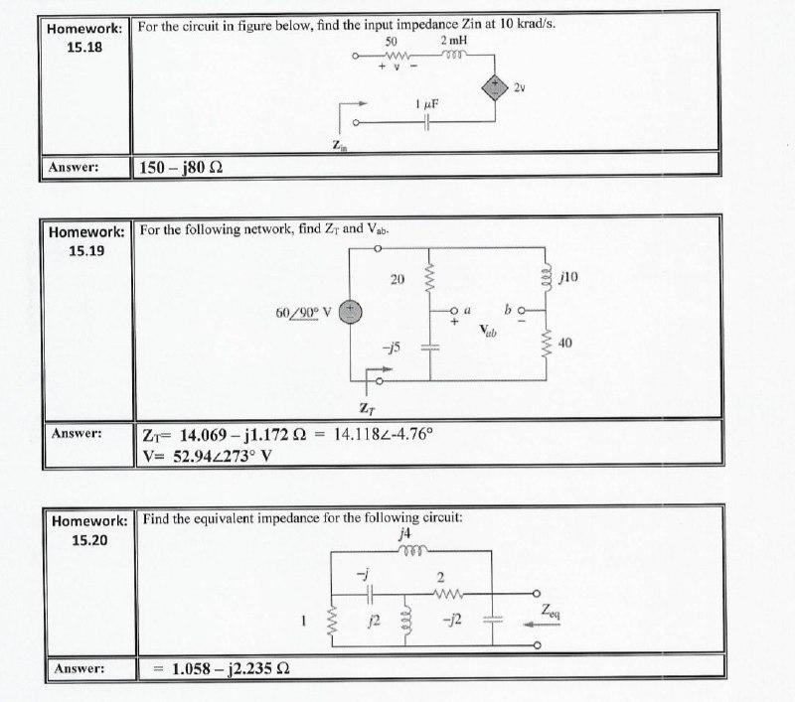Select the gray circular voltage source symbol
pyautogui.click(x=351, y=312)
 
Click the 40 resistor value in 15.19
pyautogui.click(x=566, y=344)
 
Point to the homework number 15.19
pyautogui.click(x=88, y=249)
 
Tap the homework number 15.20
pyautogui.click(x=90, y=539)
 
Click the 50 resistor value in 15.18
pyautogui.click(x=392, y=41)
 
